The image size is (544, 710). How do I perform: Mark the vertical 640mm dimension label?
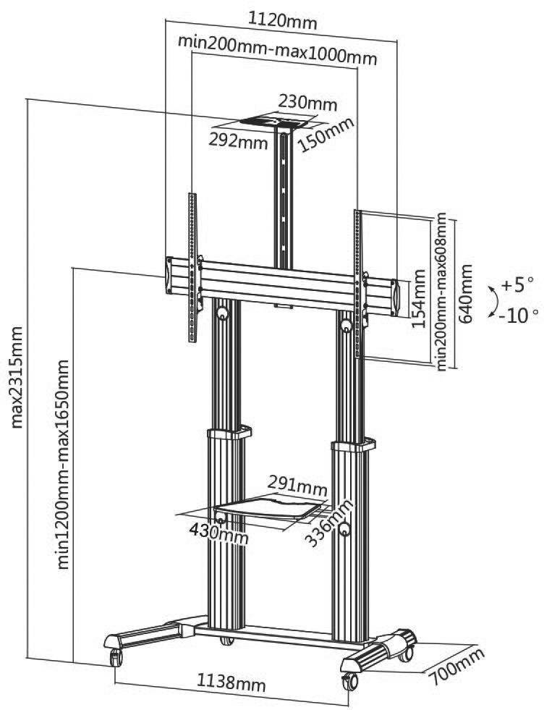tap(467, 294)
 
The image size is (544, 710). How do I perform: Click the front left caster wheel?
tap(116, 658)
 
